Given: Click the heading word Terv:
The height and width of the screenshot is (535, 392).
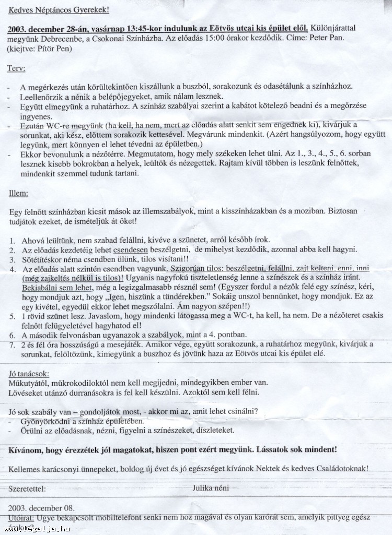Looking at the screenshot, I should [16, 68].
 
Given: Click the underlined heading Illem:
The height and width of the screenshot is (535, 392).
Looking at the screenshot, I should [19, 193].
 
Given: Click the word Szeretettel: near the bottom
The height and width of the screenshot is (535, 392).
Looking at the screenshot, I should [27, 489].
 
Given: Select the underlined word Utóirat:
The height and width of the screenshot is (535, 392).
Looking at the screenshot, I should [21, 517].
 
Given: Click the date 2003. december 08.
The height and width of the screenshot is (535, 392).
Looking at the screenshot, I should [41, 508].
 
